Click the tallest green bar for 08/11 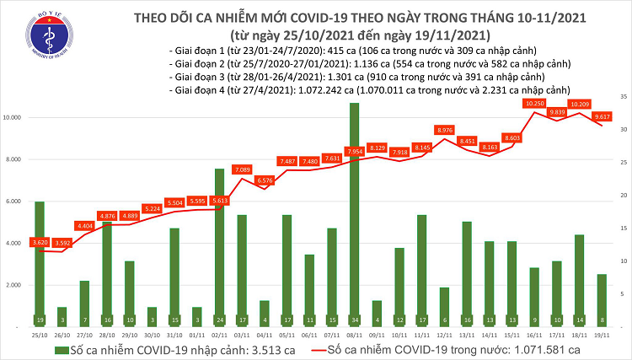[x=354, y=211]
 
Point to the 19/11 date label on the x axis [x=601, y=333]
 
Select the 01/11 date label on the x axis [x=196, y=333]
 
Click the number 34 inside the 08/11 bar [x=354, y=320]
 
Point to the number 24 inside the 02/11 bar [x=219, y=320]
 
